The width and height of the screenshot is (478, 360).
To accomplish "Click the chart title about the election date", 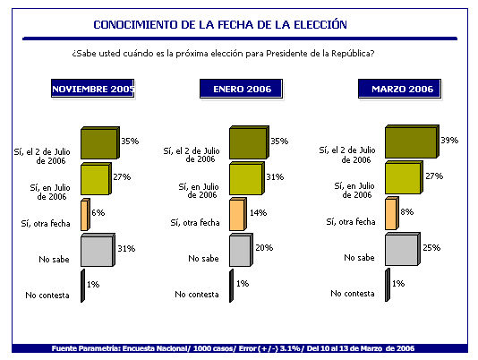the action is (220, 24).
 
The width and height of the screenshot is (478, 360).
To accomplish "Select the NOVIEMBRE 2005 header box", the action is (93, 89).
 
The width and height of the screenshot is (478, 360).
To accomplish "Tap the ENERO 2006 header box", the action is (242, 89).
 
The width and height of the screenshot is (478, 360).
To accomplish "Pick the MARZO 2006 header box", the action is (399, 89).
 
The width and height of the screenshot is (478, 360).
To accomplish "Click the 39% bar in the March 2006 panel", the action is (412, 141).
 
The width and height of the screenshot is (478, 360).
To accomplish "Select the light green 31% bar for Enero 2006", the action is (247, 178).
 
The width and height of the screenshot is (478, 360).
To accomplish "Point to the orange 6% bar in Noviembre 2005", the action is (85, 214).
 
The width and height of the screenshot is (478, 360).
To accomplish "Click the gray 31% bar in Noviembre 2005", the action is (98, 250).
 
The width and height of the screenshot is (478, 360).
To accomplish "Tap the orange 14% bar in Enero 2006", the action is (238, 214).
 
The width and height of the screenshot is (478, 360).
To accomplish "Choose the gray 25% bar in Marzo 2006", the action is (403, 249).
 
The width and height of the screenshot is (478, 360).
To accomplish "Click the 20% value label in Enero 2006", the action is (264, 247).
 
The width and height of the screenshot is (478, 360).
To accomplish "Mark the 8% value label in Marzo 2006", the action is (407, 211).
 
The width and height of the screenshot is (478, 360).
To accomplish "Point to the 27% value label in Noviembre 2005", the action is (122, 176).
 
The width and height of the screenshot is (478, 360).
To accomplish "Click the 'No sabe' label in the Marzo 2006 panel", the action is (359, 258).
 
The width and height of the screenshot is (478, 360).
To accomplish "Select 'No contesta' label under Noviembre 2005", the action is (47, 295).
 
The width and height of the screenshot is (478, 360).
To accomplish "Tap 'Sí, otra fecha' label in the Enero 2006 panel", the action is (195, 222).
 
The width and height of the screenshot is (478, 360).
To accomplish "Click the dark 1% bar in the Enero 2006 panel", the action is (231, 286).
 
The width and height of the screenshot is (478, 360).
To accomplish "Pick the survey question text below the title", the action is (223, 54).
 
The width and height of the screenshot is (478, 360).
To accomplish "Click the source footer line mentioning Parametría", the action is (233, 348).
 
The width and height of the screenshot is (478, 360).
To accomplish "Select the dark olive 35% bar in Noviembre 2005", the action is (100, 142).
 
